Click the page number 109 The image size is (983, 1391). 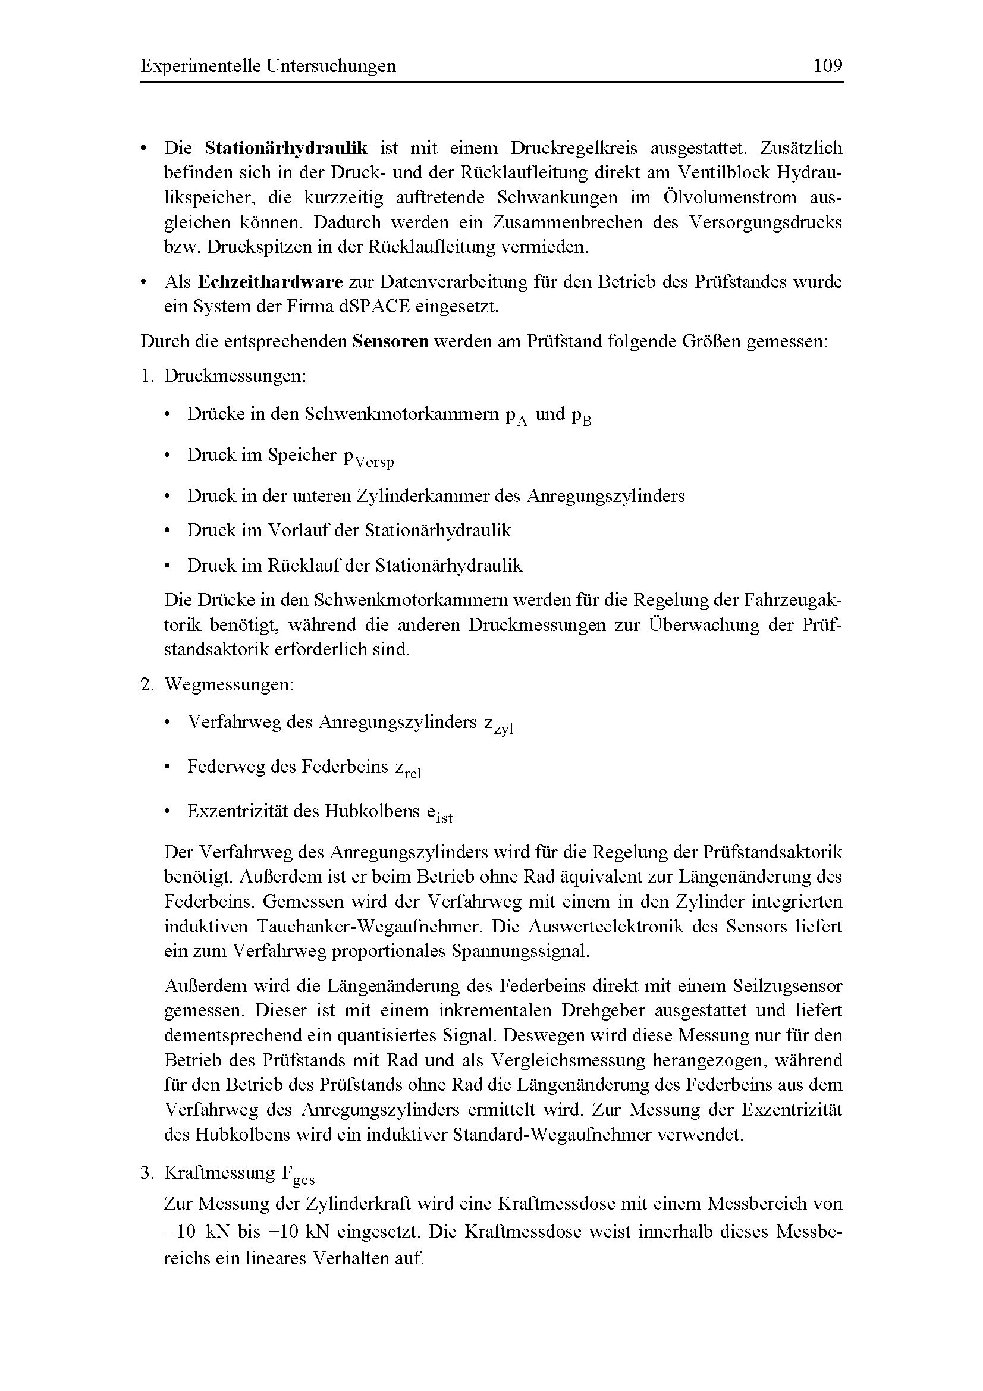click(x=827, y=65)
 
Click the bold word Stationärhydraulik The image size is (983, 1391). click(x=286, y=149)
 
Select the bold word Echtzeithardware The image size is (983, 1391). click(x=270, y=282)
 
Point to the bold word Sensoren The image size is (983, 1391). click(x=391, y=342)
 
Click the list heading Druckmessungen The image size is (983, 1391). click(x=235, y=376)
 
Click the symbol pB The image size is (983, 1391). click(x=582, y=416)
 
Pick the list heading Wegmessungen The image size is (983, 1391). click(x=229, y=685)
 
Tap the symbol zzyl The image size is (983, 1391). click(x=498, y=725)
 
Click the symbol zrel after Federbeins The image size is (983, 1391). click(x=409, y=770)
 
